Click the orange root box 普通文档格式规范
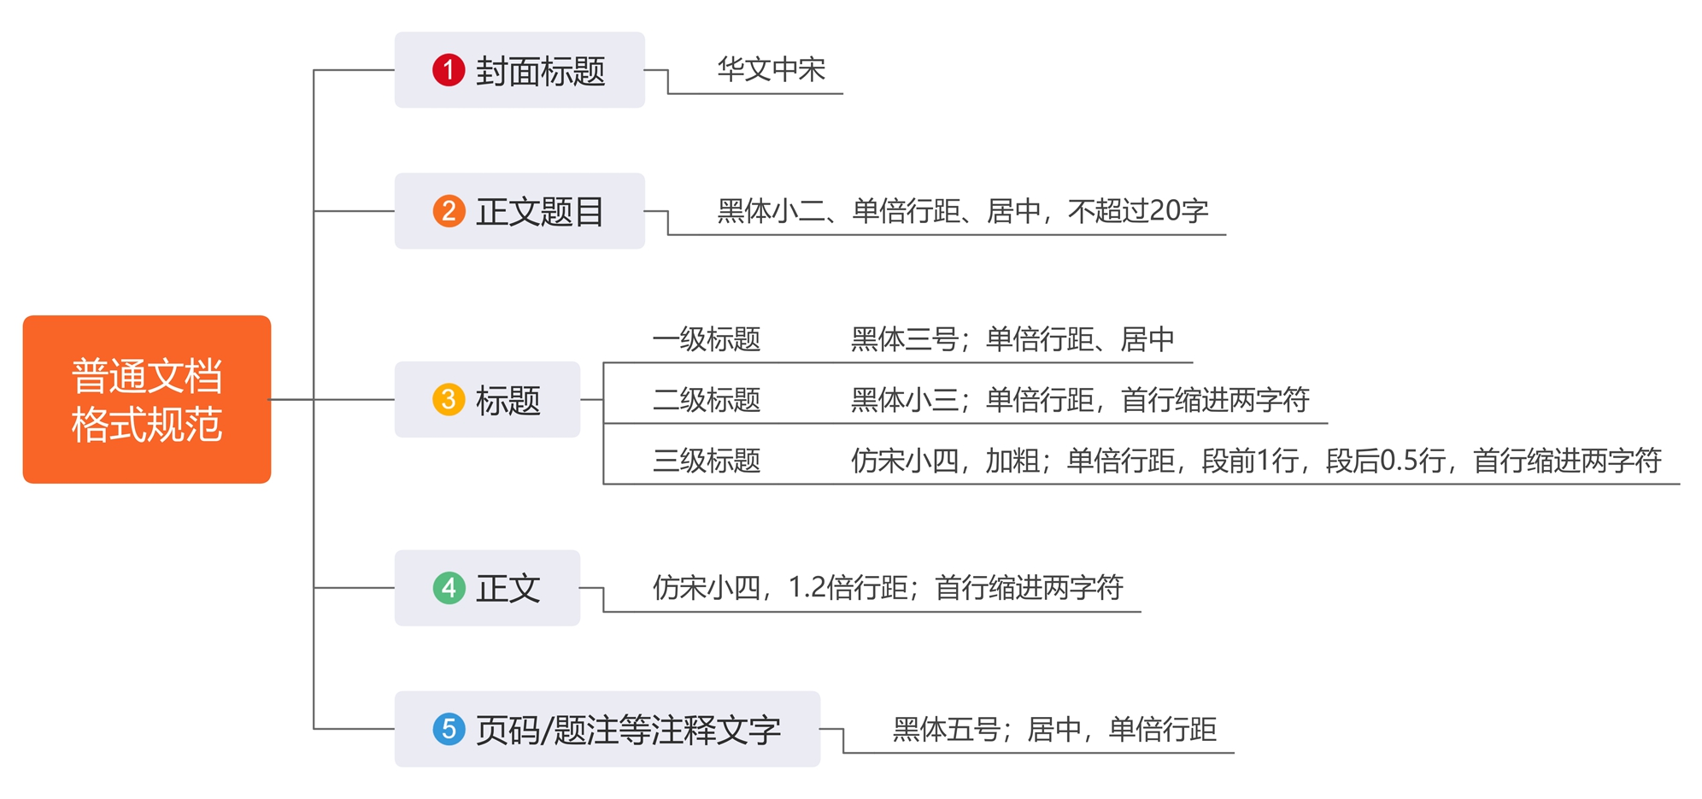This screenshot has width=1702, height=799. tap(147, 399)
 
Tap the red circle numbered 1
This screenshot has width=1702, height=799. tap(449, 70)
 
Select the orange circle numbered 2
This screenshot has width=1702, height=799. tap(449, 211)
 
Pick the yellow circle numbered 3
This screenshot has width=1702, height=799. tap(449, 399)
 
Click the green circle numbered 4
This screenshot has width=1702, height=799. tap(449, 588)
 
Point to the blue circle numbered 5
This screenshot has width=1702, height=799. tap(449, 729)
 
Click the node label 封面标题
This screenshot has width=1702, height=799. tap(540, 71)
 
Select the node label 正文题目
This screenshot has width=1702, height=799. tap(540, 212)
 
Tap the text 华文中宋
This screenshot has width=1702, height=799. tap(771, 69)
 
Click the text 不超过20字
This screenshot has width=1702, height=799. tap(1138, 211)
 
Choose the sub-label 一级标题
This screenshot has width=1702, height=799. tap(707, 339)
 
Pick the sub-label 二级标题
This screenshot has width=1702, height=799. tap(707, 400)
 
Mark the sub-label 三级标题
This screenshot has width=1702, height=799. tap(707, 461)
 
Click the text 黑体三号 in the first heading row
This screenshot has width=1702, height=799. tap(904, 339)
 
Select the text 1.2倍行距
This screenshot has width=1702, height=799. tap(848, 588)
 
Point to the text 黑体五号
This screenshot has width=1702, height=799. tap(946, 729)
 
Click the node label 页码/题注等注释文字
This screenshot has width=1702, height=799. tap(628, 730)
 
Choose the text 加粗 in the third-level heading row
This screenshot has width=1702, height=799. tap(1012, 461)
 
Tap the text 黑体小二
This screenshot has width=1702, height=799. tap(772, 211)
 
